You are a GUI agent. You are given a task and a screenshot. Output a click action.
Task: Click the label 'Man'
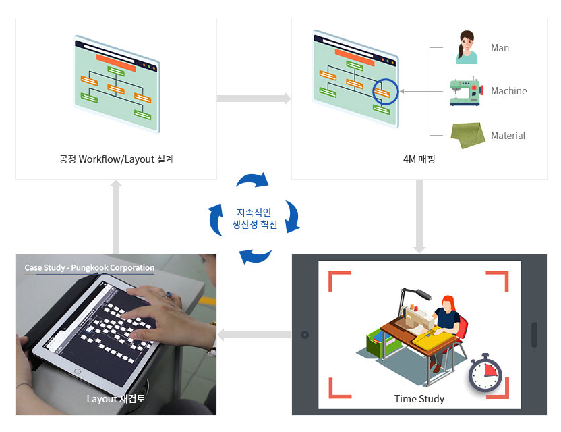500,48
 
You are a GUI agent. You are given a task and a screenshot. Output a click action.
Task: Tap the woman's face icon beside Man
466,47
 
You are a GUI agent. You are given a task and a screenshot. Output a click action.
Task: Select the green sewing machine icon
465,91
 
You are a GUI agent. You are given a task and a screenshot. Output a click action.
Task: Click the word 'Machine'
508,91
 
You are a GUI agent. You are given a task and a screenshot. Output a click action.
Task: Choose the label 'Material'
508,136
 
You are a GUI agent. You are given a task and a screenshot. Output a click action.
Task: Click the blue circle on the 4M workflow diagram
386,91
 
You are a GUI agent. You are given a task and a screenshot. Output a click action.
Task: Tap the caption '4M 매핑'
419,160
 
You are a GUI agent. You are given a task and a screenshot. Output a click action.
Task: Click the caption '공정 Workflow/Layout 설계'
116,160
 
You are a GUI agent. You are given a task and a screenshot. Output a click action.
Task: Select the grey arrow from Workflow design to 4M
254,99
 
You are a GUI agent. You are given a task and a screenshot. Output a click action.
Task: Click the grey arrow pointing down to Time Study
419,216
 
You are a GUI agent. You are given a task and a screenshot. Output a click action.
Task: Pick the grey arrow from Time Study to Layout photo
254,334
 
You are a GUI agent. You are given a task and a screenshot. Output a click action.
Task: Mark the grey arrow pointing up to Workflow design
116,216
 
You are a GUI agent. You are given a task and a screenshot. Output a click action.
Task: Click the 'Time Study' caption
419,399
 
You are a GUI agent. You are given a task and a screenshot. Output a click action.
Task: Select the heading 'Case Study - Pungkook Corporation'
90,268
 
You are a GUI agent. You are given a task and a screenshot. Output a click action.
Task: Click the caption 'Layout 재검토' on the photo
116,399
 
